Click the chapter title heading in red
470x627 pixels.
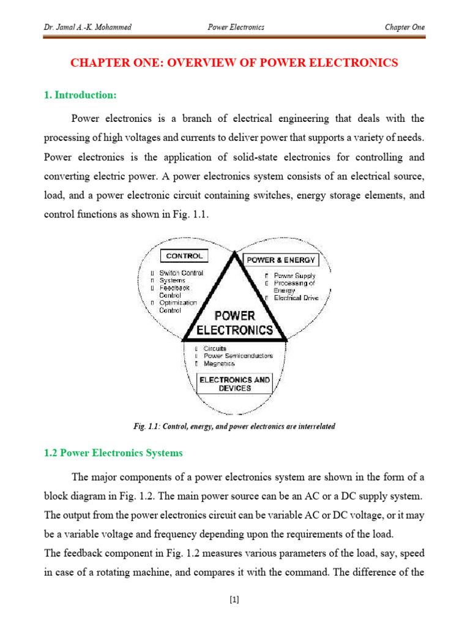pos(234,62)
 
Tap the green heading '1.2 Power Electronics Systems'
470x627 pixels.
pos(113,453)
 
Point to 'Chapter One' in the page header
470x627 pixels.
pos(404,27)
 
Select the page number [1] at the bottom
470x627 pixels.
pos(234,600)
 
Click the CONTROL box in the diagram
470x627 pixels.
pos(184,256)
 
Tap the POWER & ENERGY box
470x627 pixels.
pos(280,260)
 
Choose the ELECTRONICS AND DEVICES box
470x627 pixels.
pos(234,384)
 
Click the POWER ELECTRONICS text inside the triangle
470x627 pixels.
pos(234,323)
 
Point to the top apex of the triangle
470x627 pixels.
pos(234,253)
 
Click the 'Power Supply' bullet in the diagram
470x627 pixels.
pos(294,276)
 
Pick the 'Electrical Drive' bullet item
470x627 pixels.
pos(296,298)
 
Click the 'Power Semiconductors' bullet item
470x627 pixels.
pos(238,356)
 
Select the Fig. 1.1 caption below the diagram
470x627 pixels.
pos(234,426)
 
